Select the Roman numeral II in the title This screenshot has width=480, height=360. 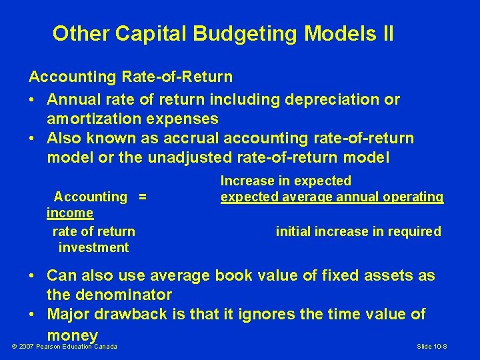coord(385,33)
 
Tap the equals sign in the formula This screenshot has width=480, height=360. coord(142,197)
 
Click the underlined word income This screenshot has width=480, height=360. coord(70,213)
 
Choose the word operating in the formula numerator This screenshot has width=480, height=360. coord(413,197)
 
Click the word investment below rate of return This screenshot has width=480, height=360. coord(93,247)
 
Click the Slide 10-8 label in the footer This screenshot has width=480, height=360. coord(431,347)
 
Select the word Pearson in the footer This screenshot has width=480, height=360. coord(53,347)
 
